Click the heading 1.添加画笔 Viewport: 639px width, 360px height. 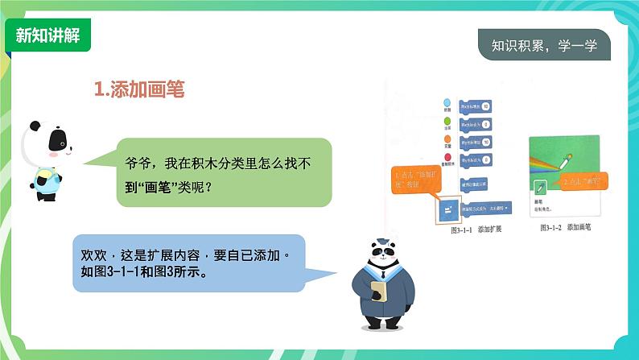pyautogui.click(x=139, y=89)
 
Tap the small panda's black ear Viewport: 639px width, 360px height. pyautogui.click(x=35, y=127)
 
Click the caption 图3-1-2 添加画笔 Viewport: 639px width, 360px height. pyautogui.click(x=567, y=228)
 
